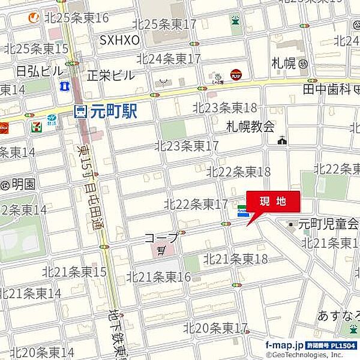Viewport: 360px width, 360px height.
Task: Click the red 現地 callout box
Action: click(x=273, y=202)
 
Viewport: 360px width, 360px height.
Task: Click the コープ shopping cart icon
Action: click(x=160, y=250)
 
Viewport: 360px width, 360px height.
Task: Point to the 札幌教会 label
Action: click(x=250, y=126)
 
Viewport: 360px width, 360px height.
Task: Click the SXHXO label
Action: click(x=119, y=40)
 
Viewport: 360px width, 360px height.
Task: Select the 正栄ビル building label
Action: click(x=111, y=76)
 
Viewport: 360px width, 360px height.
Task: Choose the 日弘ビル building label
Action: click(x=39, y=71)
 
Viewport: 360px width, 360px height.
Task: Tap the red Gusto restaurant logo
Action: click(x=236, y=74)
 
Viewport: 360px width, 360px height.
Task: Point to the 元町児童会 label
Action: click(x=329, y=224)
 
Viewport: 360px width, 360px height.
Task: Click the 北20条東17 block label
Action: click(x=215, y=328)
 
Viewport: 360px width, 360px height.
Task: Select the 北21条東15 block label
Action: click(x=74, y=272)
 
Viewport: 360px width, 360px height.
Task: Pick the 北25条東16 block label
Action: click(x=77, y=17)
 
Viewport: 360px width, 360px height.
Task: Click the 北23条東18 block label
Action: click(x=224, y=107)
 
